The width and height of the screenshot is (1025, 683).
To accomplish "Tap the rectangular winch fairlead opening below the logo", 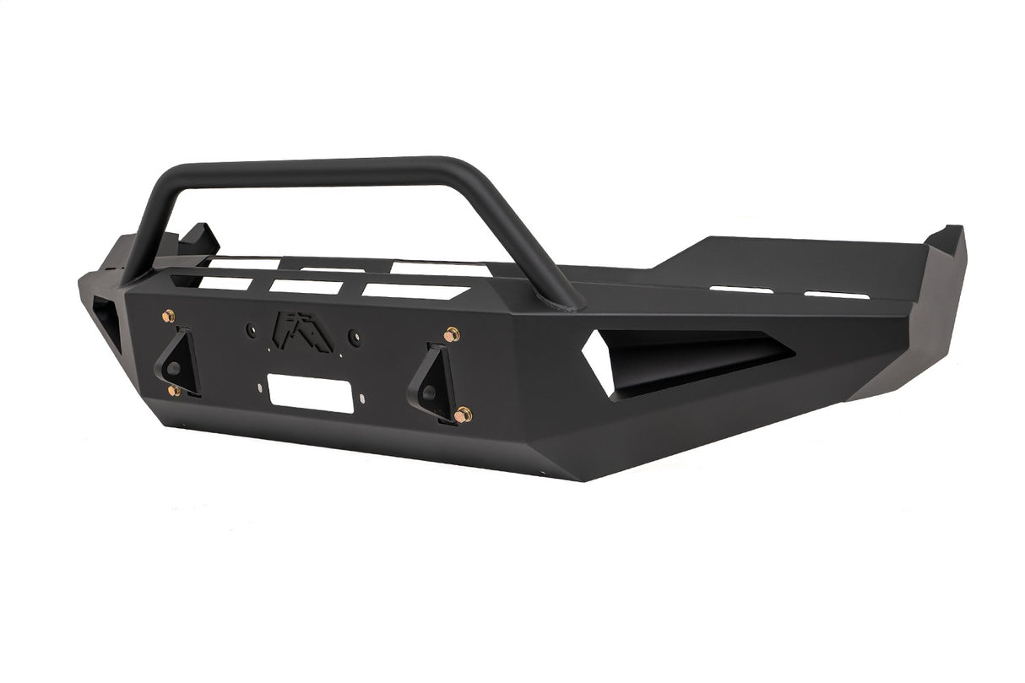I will tap(310, 393).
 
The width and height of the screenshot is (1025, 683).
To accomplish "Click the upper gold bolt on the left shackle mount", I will tap(169, 316).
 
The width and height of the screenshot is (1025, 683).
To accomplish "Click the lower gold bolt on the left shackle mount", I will tap(173, 390).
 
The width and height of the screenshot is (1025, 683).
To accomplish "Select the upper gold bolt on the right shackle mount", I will tap(452, 335).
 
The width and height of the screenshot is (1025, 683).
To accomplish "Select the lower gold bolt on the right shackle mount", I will tap(463, 415).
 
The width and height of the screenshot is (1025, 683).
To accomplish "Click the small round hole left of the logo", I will tap(250, 330).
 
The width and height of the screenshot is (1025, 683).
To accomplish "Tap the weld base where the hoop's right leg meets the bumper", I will tap(572, 302).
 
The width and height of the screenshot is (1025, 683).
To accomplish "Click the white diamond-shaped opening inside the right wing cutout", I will tap(598, 361).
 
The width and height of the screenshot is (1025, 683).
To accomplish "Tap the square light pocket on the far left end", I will tap(106, 324).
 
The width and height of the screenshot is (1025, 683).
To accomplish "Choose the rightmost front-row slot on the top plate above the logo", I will tap(415, 290).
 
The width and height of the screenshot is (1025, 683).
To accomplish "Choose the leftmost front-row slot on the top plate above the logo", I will tap(226, 283).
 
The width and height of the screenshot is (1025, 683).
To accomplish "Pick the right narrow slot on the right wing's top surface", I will tap(837, 295).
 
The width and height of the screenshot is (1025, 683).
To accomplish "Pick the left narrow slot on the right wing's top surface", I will tap(741, 290).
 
